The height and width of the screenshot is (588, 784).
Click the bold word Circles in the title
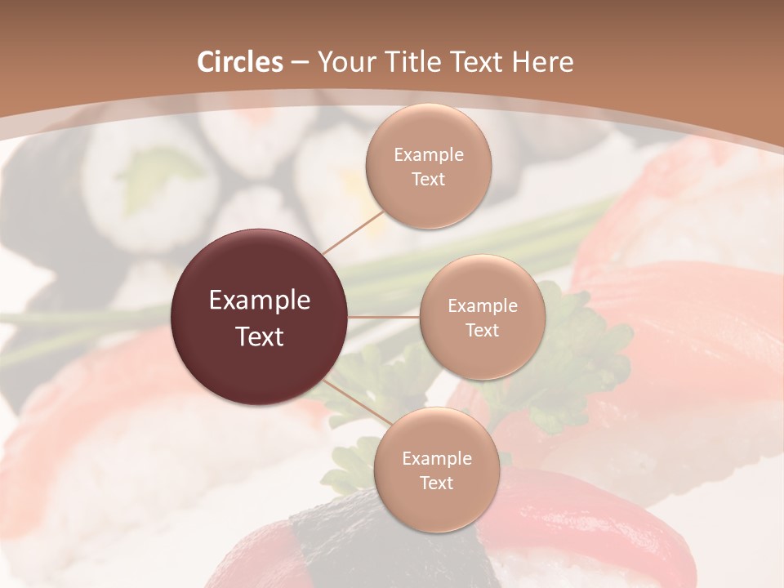[240, 62]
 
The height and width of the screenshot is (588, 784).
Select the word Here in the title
[542, 62]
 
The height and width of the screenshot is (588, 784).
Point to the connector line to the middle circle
[384, 317]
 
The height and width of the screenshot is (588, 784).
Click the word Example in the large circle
[260, 301]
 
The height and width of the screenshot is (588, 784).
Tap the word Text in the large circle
[260, 336]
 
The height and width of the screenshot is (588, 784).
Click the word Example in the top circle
[429, 155]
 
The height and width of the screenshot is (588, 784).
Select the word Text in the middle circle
[482, 330]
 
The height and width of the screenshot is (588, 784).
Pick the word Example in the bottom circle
[436, 458]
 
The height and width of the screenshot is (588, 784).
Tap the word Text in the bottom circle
[436, 483]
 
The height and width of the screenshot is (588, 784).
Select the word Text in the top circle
[429, 179]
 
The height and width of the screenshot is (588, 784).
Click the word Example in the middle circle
[482, 306]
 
